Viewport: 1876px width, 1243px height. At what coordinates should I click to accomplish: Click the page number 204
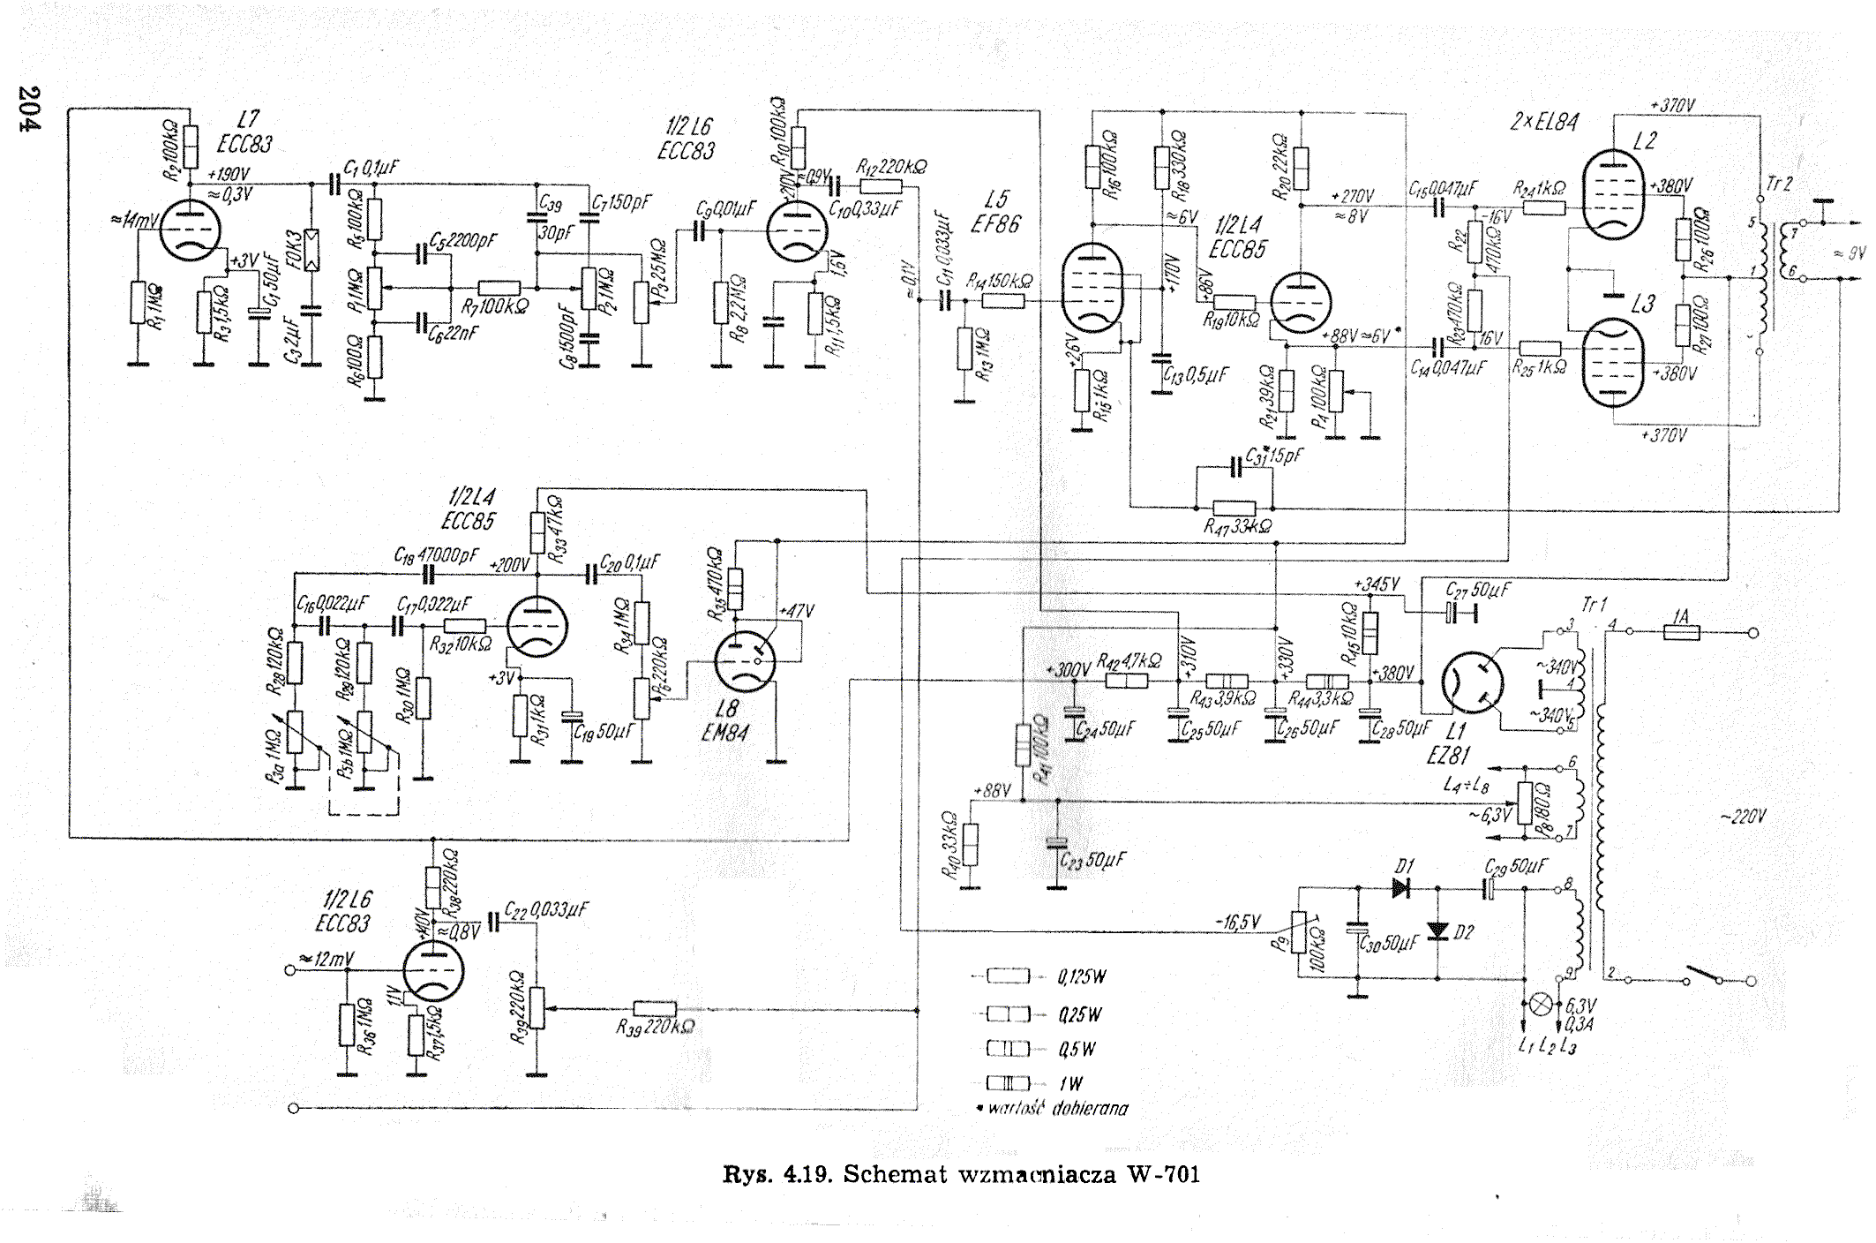pos(29,109)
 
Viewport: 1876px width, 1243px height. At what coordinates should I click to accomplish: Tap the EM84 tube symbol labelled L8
pos(745,661)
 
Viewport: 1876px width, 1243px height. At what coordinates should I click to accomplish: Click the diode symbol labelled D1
pos(1401,886)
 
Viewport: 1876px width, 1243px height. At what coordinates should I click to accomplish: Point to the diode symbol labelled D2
pos(1437,930)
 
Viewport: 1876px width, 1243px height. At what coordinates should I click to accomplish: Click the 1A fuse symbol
pos(1681,632)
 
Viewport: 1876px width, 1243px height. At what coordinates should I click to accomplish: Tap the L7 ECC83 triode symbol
pos(190,229)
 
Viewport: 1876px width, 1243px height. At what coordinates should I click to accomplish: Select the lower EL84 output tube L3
pos(1612,362)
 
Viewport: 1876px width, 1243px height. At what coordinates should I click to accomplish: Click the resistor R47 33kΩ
pos(1234,508)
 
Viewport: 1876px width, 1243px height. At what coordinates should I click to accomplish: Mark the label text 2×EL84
pos(1543,122)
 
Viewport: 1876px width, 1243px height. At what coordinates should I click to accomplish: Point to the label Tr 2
pos(1780,185)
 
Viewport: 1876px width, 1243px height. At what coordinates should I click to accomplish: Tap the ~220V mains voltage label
pos(1743,817)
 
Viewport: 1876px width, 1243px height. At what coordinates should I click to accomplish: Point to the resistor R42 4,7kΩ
pos(1127,681)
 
